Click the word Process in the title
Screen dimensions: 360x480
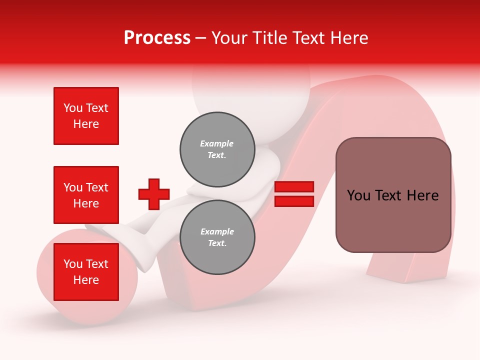(157, 38)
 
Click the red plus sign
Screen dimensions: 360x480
(154, 194)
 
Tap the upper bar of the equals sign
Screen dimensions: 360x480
(294, 186)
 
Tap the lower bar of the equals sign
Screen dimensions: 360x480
(294, 201)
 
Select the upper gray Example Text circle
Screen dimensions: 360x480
(217, 149)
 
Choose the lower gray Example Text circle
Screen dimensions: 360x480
(217, 237)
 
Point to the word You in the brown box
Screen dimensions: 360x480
(358, 195)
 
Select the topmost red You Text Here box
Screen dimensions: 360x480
(86, 116)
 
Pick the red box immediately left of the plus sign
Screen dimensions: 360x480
(86, 195)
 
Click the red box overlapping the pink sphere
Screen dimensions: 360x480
(86, 271)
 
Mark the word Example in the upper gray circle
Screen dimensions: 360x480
(217, 143)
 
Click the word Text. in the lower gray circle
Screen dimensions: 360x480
(217, 243)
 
